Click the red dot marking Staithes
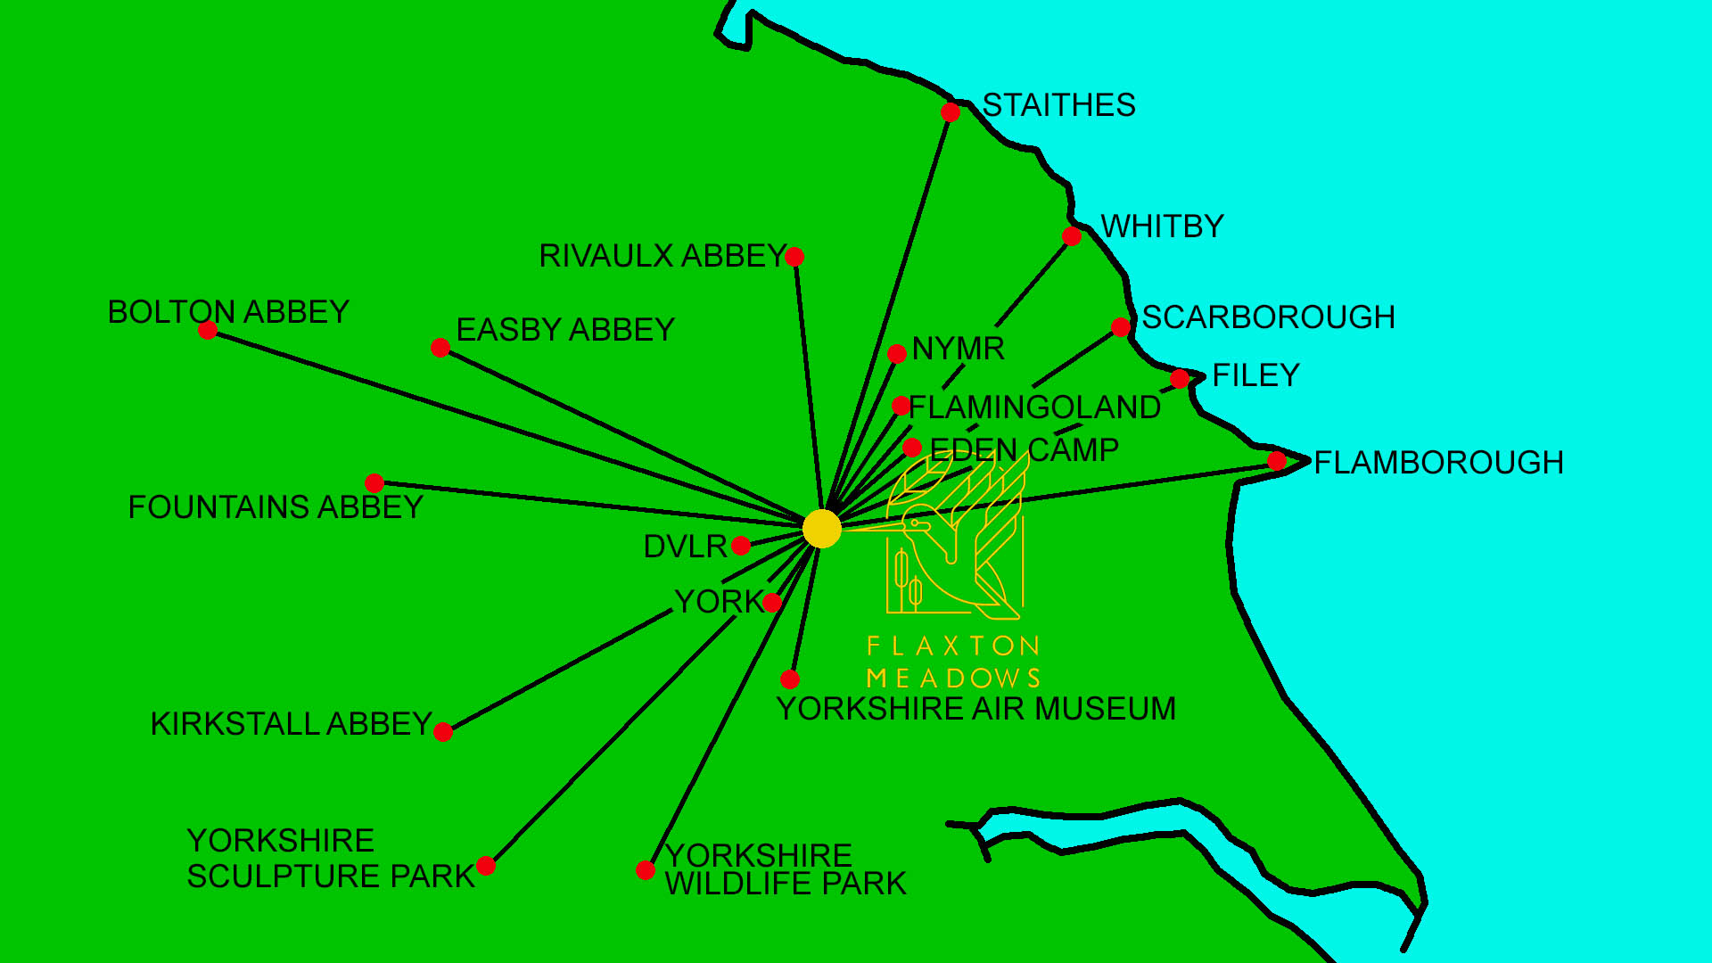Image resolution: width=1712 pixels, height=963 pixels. [951, 112]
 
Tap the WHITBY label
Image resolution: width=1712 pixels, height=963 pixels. [1162, 226]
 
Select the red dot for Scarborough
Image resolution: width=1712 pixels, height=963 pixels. [1121, 327]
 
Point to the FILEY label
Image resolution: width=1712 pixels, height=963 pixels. [1255, 375]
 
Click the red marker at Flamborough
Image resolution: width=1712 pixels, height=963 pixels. [1277, 461]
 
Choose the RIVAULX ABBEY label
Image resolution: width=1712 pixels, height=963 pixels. [662, 256]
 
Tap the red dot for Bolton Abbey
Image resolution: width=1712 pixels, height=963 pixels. [208, 331]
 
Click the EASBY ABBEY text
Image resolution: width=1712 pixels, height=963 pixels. [565, 330]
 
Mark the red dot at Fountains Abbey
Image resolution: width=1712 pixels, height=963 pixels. [374, 483]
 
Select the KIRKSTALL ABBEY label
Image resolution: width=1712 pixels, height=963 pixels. [292, 724]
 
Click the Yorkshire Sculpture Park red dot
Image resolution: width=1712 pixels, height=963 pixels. [486, 866]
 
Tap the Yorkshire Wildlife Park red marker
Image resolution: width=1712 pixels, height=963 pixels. [646, 870]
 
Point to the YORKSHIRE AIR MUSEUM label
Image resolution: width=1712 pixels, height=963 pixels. [975, 709]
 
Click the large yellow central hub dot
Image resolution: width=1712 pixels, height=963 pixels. [821, 529]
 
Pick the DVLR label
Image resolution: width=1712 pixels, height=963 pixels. [685, 547]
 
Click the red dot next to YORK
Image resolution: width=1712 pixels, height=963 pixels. [772, 603]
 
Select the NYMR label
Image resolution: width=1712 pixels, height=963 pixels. [958, 349]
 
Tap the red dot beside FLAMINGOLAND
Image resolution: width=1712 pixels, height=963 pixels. [901, 407]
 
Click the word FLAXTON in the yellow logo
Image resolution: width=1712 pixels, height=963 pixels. [952, 646]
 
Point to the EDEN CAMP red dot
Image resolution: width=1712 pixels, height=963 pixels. [911, 448]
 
